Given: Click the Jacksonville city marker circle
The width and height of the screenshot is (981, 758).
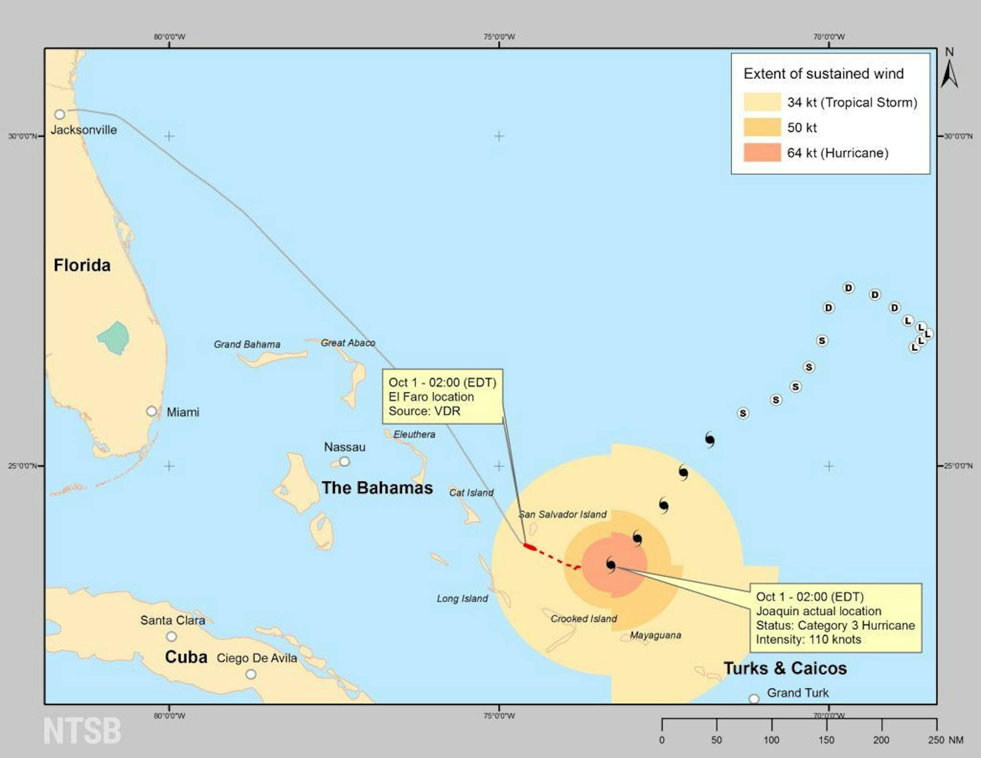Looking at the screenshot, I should (x=60, y=114).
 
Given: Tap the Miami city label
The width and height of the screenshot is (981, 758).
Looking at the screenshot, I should (x=183, y=412).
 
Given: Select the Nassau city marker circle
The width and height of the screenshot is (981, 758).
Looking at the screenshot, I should (x=345, y=461).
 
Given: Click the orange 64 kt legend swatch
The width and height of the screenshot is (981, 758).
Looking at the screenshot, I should (x=762, y=153).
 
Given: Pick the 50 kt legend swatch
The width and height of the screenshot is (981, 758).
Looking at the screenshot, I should (x=762, y=128).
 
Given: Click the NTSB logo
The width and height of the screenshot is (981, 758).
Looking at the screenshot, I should (x=82, y=731).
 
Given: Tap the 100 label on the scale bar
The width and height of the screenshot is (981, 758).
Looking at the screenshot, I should (x=771, y=740).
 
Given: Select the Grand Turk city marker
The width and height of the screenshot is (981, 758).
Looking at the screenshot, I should (x=754, y=699).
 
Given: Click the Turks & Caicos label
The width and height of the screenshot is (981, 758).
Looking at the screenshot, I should (x=785, y=669).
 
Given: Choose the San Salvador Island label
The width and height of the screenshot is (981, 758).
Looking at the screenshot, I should (x=563, y=514).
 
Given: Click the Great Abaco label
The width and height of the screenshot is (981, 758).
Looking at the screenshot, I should (x=348, y=343).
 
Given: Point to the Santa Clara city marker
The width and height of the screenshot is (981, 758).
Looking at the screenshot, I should (x=171, y=636).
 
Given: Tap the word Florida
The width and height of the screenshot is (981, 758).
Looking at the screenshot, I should (x=82, y=265).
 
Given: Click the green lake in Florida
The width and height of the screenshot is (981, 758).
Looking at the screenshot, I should (x=114, y=338).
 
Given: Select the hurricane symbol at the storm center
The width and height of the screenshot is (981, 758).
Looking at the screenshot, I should (x=611, y=565).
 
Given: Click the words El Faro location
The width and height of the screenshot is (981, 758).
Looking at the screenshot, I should (x=431, y=397).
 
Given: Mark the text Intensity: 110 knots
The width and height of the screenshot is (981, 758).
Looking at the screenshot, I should (x=808, y=639).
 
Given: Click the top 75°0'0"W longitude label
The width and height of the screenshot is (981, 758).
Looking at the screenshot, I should (x=499, y=37).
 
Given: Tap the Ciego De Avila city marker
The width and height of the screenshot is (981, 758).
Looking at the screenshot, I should (x=251, y=674).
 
